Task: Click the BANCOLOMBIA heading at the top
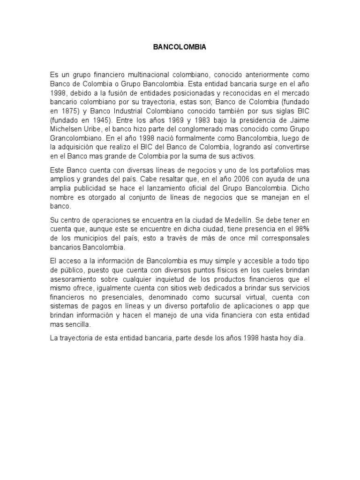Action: pyautogui.click(x=180, y=48)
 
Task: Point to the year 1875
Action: pyautogui.click(x=70, y=111)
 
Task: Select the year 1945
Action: pyautogui.click(x=97, y=120)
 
